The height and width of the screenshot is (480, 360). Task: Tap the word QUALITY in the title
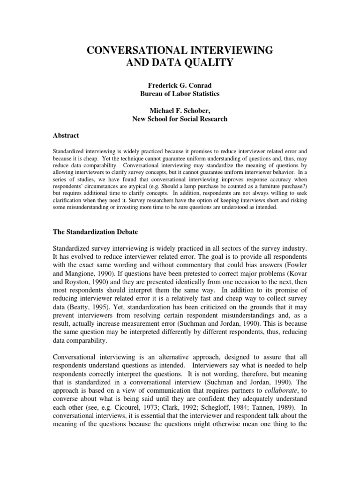(x=206, y=62)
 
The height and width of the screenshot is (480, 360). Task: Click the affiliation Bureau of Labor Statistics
(x=180, y=94)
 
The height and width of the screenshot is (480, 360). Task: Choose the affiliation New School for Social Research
(x=180, y=119)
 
